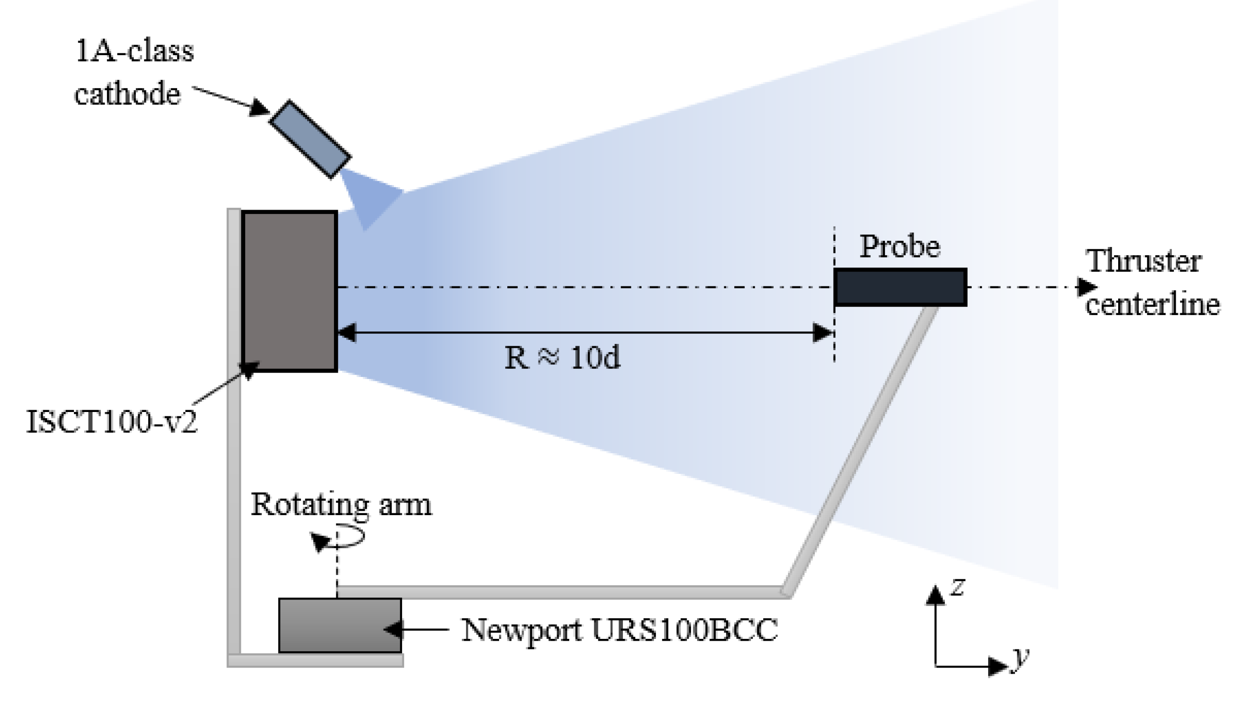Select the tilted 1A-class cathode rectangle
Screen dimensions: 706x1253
coord(310,139)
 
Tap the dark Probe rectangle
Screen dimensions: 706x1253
coord(900,287)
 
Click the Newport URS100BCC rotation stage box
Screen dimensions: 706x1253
coord(339,625)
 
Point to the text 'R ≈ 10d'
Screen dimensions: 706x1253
coord(562,358)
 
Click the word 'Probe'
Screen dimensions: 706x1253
coord(899,247)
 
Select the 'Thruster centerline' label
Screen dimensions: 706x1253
coord(1151,283)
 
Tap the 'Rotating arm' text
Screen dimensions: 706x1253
coord(341,505)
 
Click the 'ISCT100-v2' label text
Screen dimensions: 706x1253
coord(112,422)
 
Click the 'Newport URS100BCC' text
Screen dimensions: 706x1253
coord(619,630)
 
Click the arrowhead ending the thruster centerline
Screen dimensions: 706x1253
coord(1086,287)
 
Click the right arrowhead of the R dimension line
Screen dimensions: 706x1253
coord(823,333)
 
